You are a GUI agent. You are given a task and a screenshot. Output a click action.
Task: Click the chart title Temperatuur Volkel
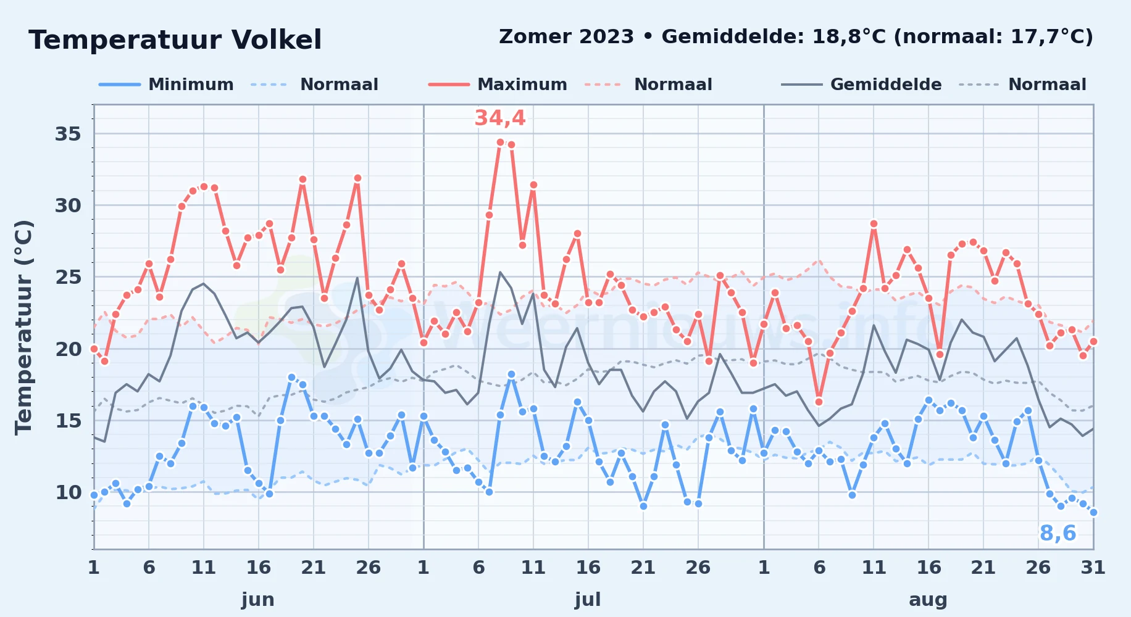(175, 40)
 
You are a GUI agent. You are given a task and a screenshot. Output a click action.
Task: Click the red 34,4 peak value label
(499, 118)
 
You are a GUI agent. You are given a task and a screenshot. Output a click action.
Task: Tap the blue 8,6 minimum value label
(1058, 533)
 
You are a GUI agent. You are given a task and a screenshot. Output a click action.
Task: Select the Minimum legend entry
(166, 85)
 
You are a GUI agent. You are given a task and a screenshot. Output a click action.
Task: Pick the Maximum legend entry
(498, 85)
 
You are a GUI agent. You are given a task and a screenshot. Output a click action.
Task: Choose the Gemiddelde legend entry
(861, 85)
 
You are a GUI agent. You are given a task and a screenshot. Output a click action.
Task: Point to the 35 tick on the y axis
(68, 134)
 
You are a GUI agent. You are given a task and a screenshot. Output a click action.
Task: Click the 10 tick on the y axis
(68, 492)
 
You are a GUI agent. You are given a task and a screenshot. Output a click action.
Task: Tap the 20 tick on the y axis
(68, 349)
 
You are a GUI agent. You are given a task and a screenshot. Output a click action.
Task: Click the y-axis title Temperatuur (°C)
(23, 328)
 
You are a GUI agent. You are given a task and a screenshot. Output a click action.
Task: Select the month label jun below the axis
(258, 600)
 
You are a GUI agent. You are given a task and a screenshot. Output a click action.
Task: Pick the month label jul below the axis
(588, 600)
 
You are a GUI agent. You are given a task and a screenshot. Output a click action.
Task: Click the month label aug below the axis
(928, 600)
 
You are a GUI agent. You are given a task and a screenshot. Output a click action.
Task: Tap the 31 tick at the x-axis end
(1093, 568)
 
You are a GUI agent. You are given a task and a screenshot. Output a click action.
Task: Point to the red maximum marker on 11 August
(874, 224)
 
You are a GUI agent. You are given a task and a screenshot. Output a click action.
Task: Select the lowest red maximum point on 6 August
(819, 402)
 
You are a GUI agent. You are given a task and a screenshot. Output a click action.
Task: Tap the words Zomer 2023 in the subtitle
(566, 37)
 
